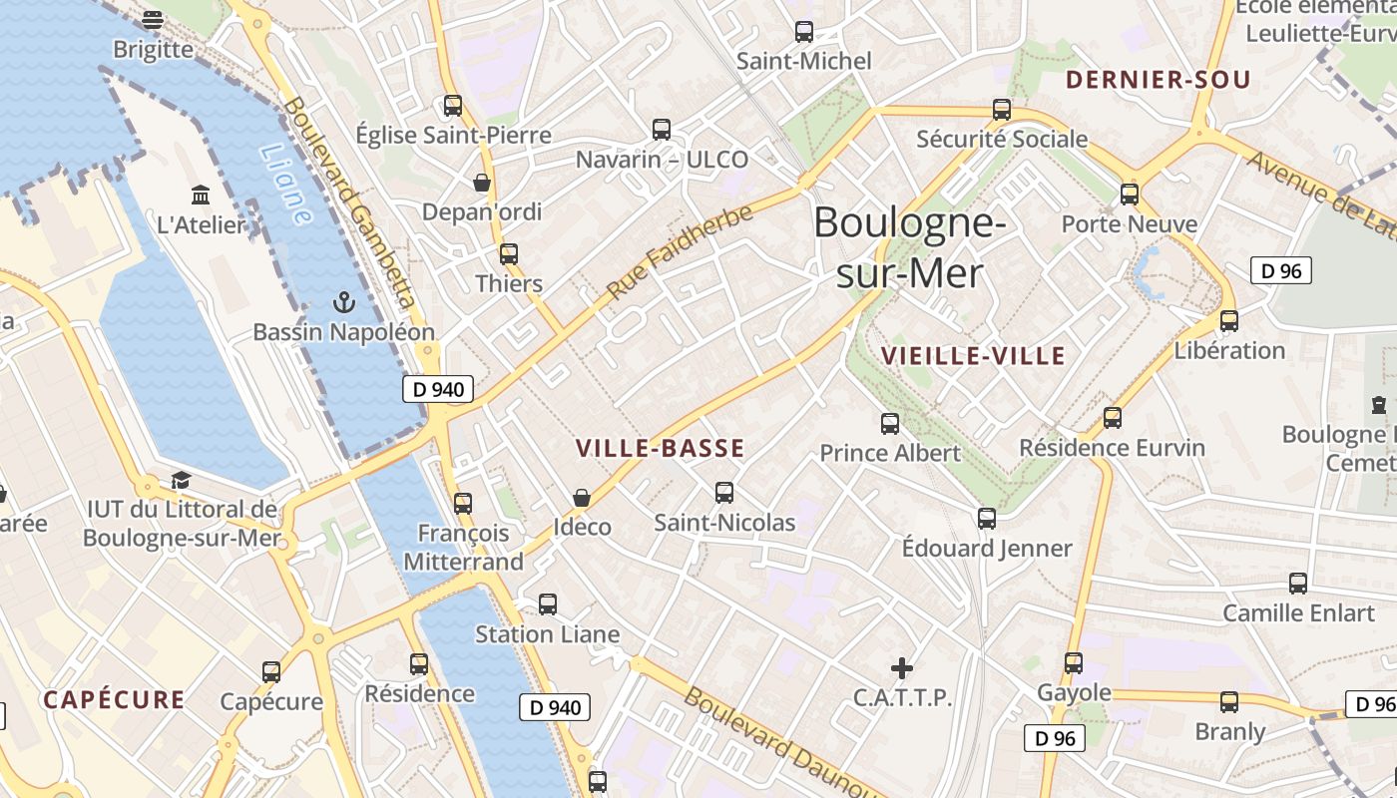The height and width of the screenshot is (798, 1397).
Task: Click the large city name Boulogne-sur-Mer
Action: (909, 246)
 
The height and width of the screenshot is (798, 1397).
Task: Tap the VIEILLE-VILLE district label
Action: (973, 356)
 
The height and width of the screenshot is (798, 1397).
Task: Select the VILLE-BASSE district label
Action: (661, 449)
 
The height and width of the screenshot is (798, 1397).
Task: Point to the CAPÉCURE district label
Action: (114, 699)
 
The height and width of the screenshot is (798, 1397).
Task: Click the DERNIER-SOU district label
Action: (1158, 80)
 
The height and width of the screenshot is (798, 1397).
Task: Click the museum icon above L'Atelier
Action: (201, 195)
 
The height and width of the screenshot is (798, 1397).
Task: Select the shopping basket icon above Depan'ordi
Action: (482, 183)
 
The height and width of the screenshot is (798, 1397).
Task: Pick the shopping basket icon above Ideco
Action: (582, 497)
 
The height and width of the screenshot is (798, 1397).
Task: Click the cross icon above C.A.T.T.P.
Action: (902, 667)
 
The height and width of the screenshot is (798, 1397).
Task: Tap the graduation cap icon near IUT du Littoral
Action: (181, 481)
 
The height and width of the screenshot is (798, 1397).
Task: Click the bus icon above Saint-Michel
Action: (803, 31)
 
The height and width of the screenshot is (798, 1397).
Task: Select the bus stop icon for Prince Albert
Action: (890, 424)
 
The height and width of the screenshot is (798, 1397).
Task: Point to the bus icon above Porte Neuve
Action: (1130, 195)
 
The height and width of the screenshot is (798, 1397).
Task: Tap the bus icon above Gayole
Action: (1074, 662)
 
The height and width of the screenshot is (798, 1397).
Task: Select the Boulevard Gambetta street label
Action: (349, 199)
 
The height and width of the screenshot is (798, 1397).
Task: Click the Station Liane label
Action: (547, 634)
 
